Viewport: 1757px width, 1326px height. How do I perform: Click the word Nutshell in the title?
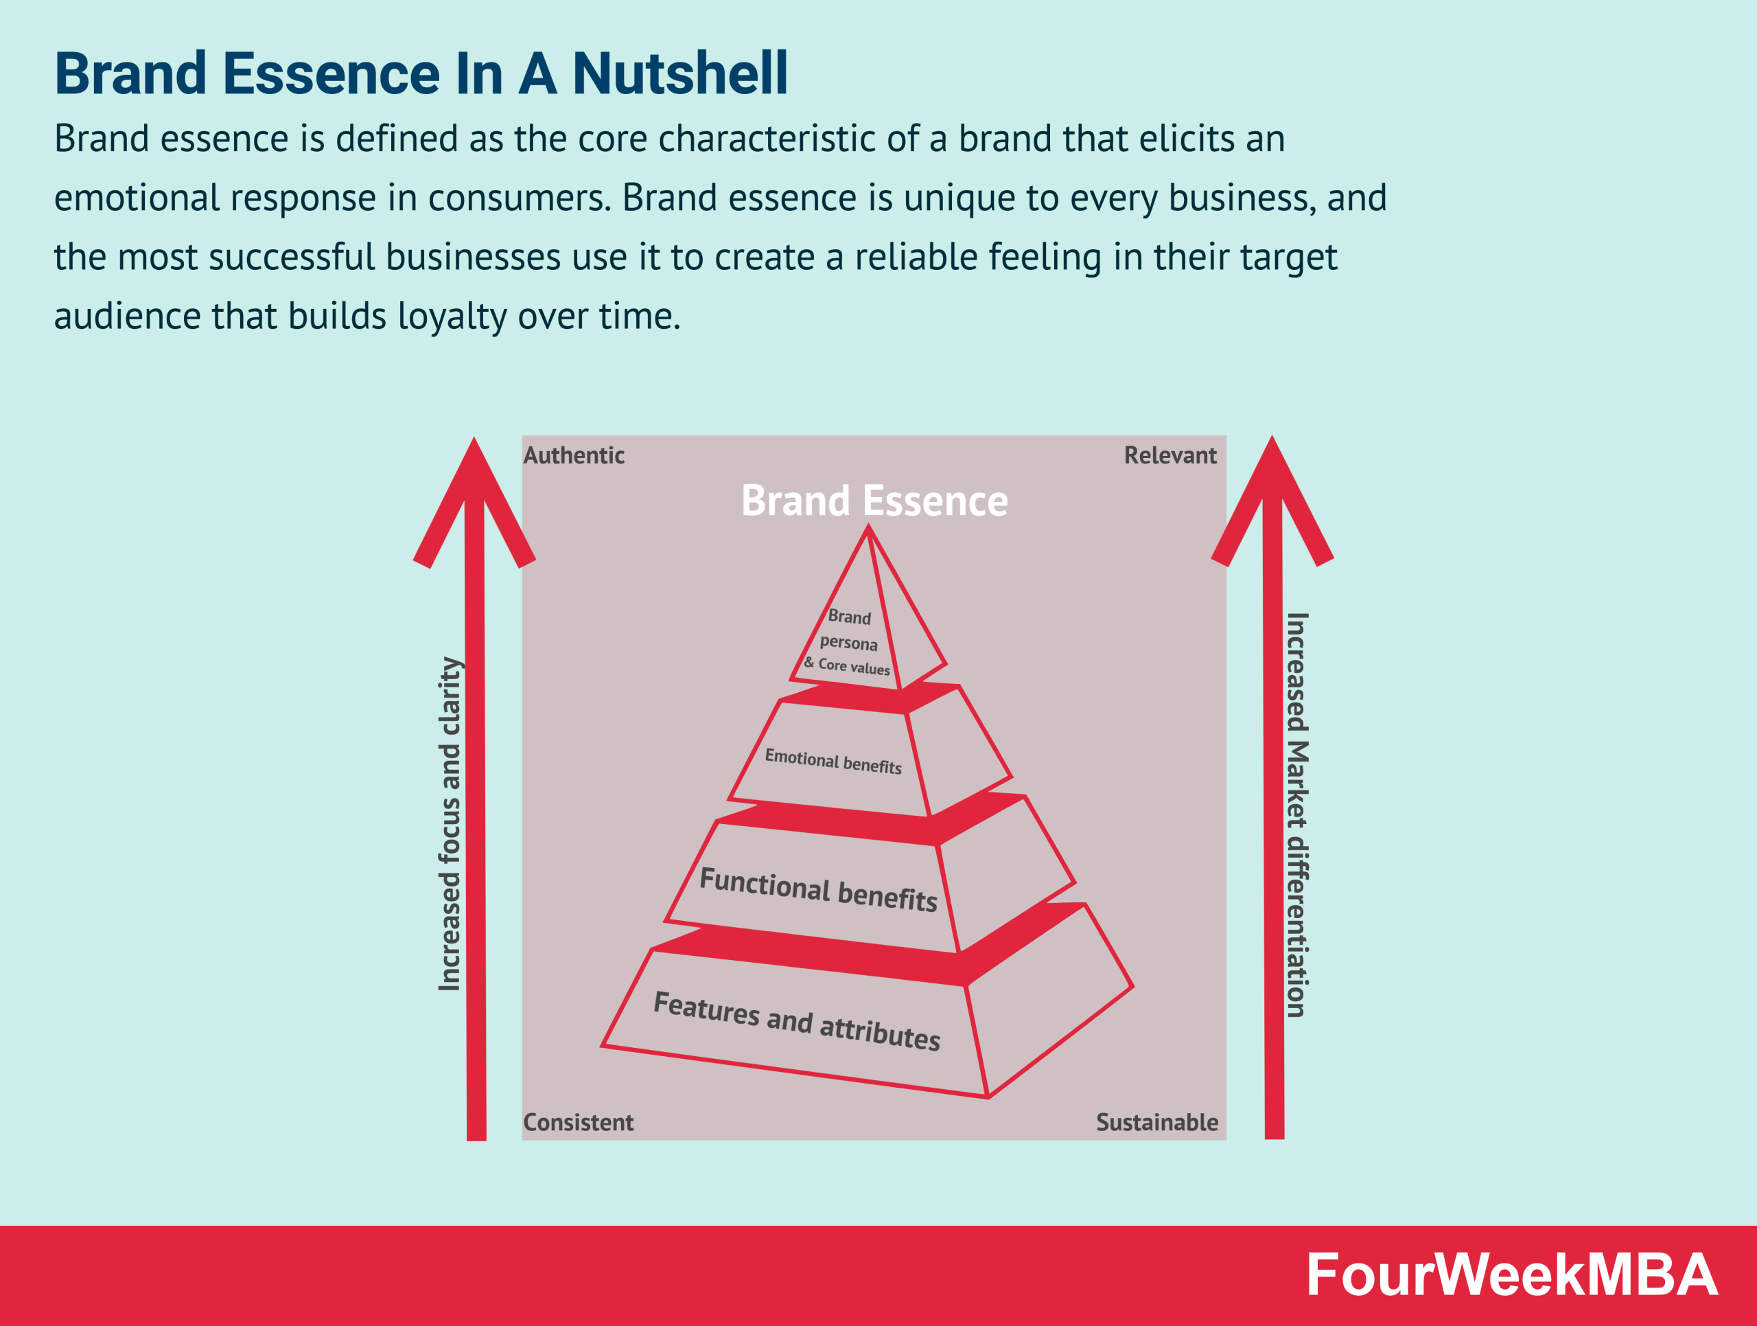click(679, 74)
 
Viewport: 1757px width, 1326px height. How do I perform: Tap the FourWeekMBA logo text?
click(1511, 1275)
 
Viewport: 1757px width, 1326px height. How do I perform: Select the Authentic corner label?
click(574, 455)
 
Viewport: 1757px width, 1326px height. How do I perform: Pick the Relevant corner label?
click(1170, 455)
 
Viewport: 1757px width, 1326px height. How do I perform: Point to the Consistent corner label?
click(579, 1122)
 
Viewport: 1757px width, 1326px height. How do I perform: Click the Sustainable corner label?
click(1156, 1122)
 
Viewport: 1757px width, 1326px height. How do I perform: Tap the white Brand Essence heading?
click(874, 501)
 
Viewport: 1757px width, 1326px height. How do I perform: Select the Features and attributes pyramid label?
click(797, 1021)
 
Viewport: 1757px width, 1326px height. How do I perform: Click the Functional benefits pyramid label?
click(818, 890)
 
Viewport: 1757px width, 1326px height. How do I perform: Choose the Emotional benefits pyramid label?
click(833, 761)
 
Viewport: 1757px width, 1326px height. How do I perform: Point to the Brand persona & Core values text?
click(848, 642)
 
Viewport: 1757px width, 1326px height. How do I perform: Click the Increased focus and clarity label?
click(450, 824)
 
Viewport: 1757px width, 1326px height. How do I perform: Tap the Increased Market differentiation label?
click(1296, 814)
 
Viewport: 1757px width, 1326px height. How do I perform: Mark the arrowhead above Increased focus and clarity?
click(474, 492)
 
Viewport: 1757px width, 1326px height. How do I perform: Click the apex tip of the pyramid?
click(868, 528)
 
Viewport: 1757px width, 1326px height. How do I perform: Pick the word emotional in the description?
click(136, 198)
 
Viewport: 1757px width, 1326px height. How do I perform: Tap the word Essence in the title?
click(331, 74)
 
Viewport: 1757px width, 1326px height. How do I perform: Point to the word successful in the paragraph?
click(292, 258)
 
